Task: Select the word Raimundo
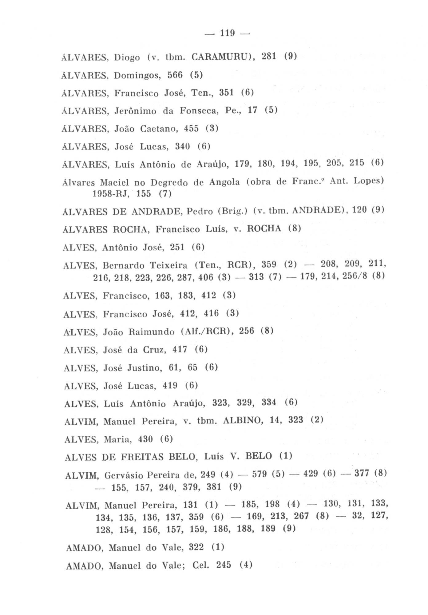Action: [x=151, y=332]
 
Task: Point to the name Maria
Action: [x=117, y=439]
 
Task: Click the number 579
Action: [x=259, y=474]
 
